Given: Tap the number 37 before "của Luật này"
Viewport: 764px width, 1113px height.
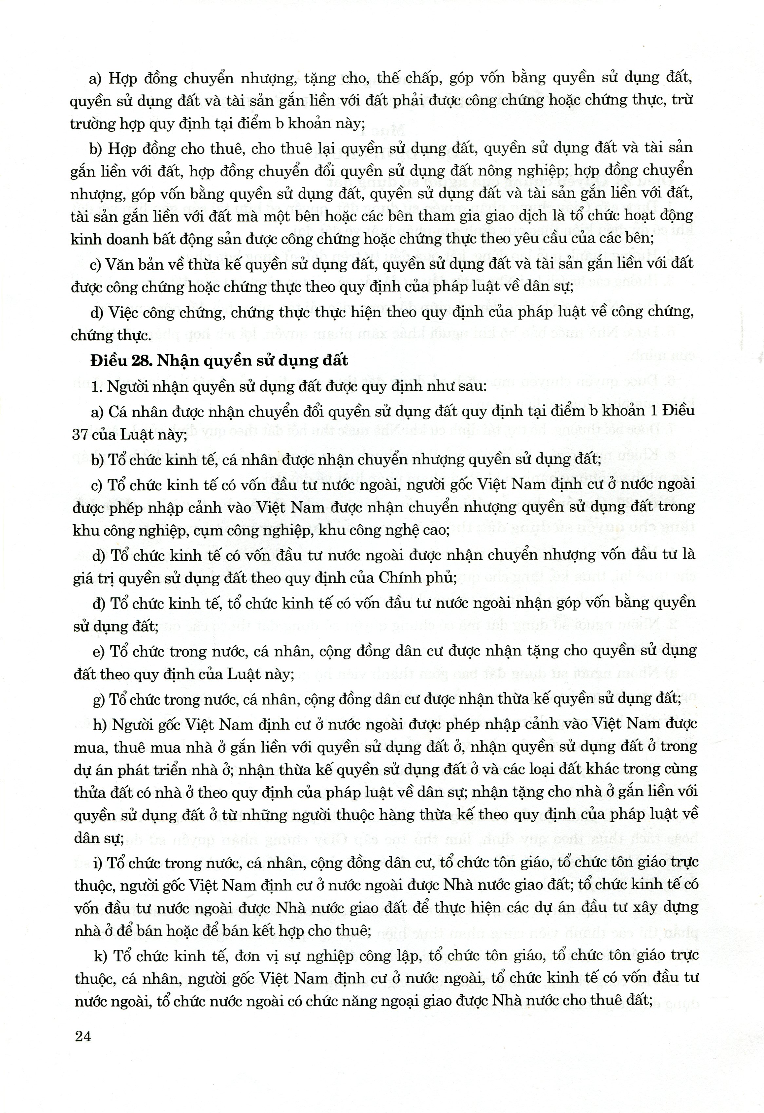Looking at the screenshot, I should pos(81,435).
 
